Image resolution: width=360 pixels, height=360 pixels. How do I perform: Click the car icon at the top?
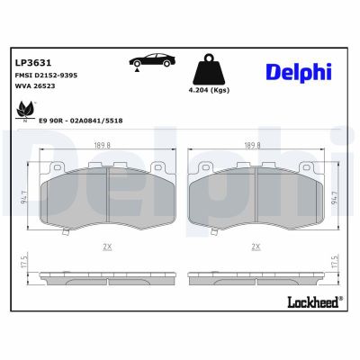(x=152, y=60)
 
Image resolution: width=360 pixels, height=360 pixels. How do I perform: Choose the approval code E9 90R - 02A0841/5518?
(x=82, y=120)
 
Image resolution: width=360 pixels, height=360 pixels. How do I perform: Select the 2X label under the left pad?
(x=108, y=246)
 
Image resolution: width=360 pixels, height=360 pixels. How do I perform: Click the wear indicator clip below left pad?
(x=64, y=233)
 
